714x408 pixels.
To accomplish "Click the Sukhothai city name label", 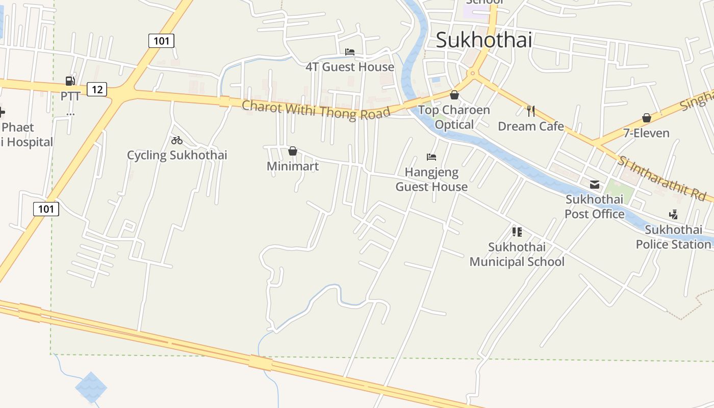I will pyautogui.click(x=483, y=40).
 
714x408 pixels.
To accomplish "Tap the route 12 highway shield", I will pyautogui.click(x=97, y=90).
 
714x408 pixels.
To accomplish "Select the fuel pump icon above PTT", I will pyautogui.click(x=70, y=81).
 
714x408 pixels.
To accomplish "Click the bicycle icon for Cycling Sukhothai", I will pyautogui.click(x=177, y=140).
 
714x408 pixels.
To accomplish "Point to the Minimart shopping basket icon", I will pyautogui.click(x=293, y=151).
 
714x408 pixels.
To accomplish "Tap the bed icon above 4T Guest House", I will pyautogui.click(x=350, y=52).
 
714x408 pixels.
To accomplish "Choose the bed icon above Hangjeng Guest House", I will pyautogui.click(x=431, y=157).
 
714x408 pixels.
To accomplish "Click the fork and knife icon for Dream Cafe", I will pyautogui.click(x=531, y=111).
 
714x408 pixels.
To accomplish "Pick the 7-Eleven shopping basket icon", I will pyautogui.click(x=647, y=118).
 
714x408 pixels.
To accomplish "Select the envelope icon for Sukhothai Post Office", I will pyautogui.click(x=595, y=185).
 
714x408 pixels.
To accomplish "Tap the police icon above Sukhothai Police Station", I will pyautogui.click(x=673, y=215).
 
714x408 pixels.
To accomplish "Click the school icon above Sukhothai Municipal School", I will pyautogui.click(x=517, y=232).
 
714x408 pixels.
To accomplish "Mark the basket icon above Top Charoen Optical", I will pyautogui.click(x=454, y=95).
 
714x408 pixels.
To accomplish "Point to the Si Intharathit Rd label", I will pyautogui.click(x=661, y=178).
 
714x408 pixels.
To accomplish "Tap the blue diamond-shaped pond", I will pyautogui.click(x=91, y=387).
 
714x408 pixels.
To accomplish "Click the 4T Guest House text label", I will pyautogui.click(x=350, y=67).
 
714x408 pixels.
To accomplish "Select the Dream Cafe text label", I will pyautogui.click(x=531, y=126).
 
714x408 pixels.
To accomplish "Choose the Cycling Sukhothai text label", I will pyautogui.click(x=177, y=155).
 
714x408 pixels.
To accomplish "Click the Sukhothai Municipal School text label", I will pyautogui.click(x=517, y=254).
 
